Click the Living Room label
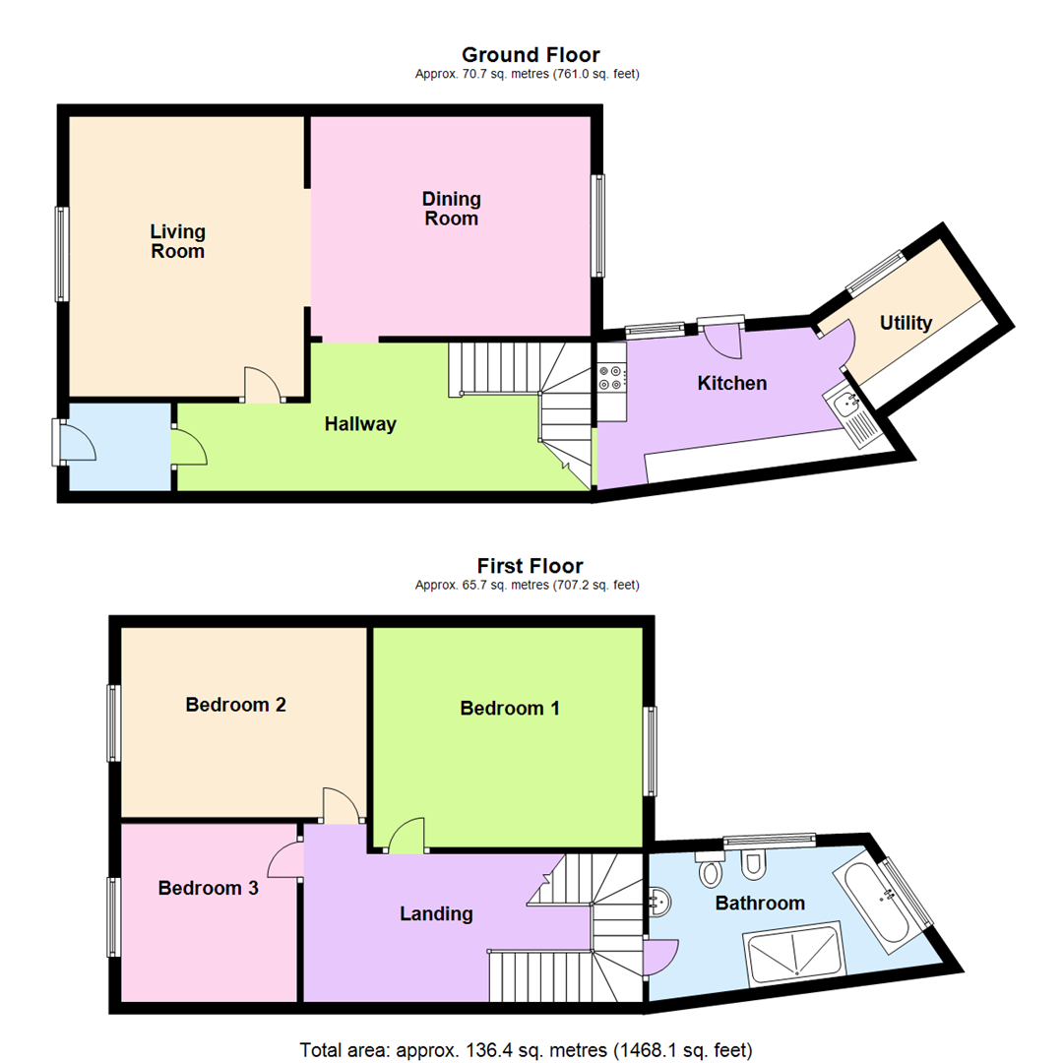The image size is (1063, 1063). [x=178, y=241]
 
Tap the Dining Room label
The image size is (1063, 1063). [x=451, y=209]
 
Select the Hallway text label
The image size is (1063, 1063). [x=360, y=424]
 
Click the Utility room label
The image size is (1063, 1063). [x=906, y=322]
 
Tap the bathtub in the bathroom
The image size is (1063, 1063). [x=874, y=903]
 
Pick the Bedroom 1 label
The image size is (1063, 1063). [x=510, y=708]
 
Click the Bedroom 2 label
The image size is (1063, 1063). [x=236, y=705]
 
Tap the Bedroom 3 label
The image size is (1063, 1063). [x=209, y=888]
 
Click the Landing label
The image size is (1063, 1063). [x=436, y=913]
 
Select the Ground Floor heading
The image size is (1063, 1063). [x=531, y=55]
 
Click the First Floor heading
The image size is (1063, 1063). [x=531, y=566]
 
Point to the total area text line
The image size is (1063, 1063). [x=531, y=1047]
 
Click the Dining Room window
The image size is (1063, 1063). [x=597, y=225]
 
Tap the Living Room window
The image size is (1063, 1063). [x=62, y=253]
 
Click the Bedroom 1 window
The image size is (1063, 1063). [x=651, y=751]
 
